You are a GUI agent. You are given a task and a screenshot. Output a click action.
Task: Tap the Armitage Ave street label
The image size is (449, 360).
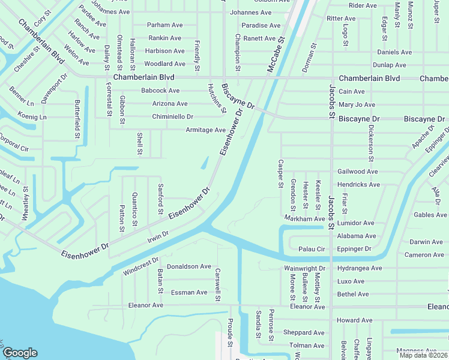[205, 130]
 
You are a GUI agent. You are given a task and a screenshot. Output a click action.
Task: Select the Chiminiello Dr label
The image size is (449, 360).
[173, 116]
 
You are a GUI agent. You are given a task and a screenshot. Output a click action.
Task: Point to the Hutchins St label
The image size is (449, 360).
[216, 98]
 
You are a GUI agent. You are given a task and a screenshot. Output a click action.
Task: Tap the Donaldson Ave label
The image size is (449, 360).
[189, 266]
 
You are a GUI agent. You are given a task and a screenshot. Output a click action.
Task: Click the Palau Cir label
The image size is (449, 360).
[312, 249]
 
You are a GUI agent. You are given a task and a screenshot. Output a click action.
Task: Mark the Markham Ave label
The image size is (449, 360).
[304, 219]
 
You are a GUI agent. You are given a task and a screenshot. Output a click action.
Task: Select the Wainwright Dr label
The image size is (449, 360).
[305, 268]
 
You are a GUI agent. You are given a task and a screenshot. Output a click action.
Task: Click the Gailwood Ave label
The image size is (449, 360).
[358, 172]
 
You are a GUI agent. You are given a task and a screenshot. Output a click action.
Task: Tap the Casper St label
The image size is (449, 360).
[280, 173]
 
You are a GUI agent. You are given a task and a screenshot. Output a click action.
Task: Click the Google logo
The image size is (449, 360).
[20, 353]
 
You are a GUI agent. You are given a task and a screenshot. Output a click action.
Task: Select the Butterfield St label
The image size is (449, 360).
[77, 119]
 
